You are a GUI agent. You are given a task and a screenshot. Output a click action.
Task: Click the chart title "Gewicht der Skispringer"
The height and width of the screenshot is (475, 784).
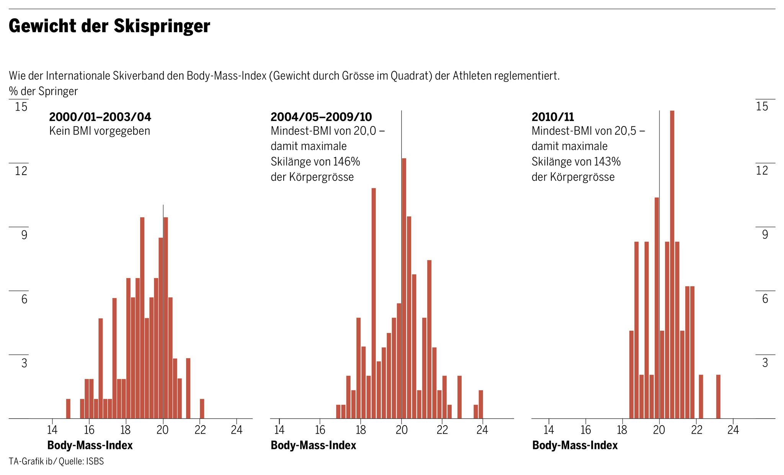[109, 26]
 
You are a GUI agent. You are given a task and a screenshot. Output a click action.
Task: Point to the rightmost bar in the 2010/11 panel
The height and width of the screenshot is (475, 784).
[718, 396]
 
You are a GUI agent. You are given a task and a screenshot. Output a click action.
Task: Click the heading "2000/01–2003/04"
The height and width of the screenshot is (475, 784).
[100, 117]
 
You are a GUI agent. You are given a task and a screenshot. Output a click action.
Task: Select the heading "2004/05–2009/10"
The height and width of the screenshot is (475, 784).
[321, 117]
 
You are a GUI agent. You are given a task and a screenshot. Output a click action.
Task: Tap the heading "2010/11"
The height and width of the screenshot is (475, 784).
[553, 117]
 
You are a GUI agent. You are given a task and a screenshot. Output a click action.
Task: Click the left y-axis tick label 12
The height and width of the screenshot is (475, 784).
[21, 170]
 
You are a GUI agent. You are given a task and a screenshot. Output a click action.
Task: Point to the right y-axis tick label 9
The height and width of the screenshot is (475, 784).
[765, 234]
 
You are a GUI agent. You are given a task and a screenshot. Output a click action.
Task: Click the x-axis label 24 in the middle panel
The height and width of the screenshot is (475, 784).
[482, 430]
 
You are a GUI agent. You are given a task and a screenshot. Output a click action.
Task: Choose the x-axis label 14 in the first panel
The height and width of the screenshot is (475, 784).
[52, 430]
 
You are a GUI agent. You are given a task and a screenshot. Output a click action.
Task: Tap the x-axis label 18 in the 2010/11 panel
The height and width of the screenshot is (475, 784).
[622, 430]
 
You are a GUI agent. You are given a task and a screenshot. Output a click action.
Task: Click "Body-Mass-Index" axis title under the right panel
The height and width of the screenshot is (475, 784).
[575, 446]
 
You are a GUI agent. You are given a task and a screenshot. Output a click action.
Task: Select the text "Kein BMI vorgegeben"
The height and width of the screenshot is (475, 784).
[100, 131]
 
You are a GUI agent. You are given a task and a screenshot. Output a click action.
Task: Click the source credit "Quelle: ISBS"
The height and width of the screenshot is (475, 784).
[81, 461]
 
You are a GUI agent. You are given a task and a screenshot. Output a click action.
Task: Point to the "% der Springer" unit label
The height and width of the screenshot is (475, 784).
[43, 91]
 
